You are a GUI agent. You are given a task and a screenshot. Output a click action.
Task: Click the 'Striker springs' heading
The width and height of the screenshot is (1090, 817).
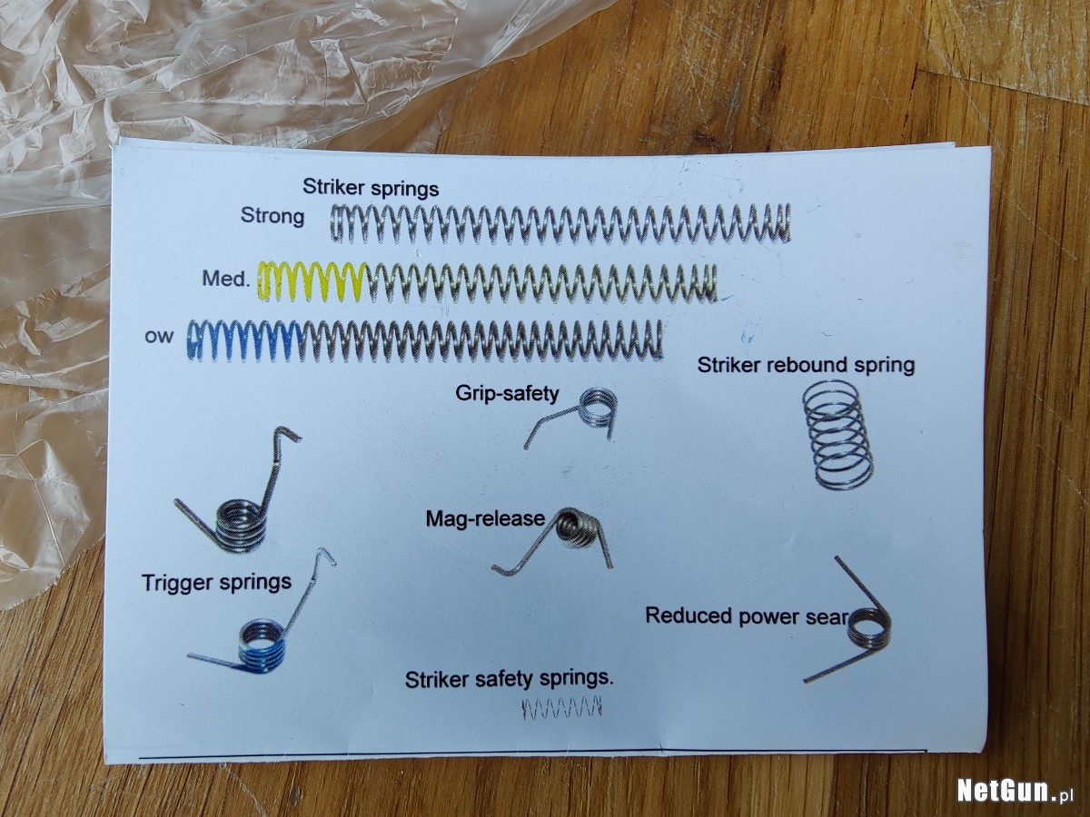[x=371, y=188]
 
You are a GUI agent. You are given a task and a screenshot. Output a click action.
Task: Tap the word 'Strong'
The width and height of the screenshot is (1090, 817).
[x=272, y=216]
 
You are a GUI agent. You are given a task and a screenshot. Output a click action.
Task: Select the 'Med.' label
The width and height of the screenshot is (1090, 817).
[x=225, y=279]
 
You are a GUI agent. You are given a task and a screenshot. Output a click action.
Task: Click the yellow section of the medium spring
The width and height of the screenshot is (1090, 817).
[x=312, y=281]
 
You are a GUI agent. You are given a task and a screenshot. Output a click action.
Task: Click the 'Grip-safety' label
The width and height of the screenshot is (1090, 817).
[x=507, y=393]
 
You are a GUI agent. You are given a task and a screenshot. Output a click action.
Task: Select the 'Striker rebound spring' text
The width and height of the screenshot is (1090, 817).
[x=806, y=365]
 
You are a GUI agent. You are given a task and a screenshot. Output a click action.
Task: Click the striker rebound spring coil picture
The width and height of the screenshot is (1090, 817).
[x=838, y=435]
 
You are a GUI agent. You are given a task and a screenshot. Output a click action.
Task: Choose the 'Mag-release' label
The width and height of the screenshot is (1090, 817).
[x=485, y=519]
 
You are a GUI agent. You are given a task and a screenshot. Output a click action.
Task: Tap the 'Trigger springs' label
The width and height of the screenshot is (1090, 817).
[x=216, y=583]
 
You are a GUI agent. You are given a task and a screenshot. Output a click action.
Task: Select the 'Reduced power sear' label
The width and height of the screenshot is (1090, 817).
[x=747, y=616]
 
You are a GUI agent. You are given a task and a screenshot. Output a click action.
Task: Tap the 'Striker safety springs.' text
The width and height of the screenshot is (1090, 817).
[x=509, y=679]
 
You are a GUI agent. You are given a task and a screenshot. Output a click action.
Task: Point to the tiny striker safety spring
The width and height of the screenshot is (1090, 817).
[x=562, y=709]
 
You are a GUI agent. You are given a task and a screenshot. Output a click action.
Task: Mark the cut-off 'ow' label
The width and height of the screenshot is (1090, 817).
[x=159, y=338]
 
